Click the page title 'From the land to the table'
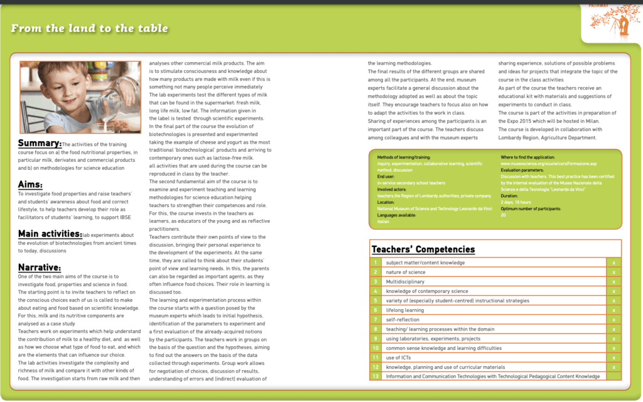(x=89, y=29)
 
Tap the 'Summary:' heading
(x=40, y=144)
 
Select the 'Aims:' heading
(x=30, y=184)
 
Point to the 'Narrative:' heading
(x=39, y=267)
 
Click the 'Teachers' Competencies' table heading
(x=423, y=249)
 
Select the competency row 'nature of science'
(x=406, y=272)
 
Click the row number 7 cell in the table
(x=376, y=320)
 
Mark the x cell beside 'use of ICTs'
(x=613, y=357)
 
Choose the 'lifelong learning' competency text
(x=405, y=310)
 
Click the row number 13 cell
(x=376, y=376)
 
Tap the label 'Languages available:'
(x=399, y=215)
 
